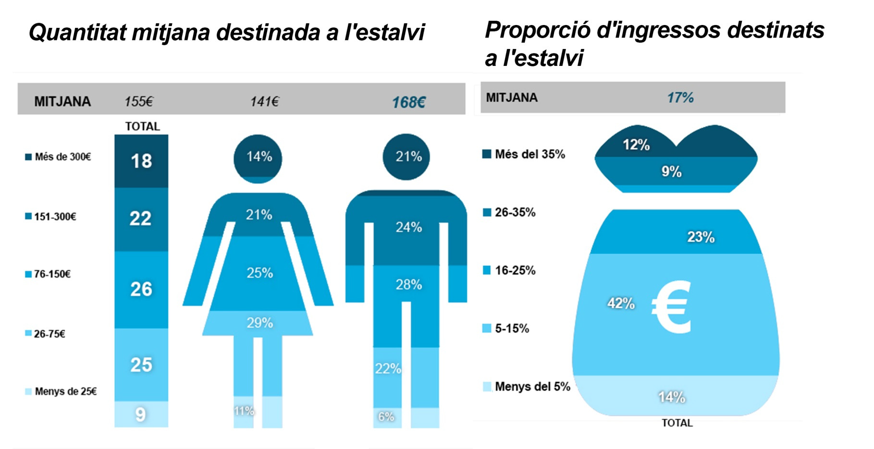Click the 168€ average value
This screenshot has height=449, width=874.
point(408,102)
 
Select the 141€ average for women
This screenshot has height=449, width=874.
point(264,101)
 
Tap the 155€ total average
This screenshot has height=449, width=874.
point(138,101)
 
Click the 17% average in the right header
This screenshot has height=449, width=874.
point(680,98)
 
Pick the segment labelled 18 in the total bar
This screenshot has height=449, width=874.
point(141,161)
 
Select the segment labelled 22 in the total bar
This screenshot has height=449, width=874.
point(140,219)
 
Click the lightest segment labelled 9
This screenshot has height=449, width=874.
point(140,414)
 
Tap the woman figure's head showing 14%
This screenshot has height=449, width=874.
point(259,157)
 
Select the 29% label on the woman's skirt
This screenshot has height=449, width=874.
point(259,323)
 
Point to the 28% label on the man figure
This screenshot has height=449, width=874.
point(408,285)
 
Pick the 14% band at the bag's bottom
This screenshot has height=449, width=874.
point(672,397)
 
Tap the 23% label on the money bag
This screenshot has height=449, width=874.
point(701,237)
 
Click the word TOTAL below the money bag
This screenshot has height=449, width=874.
point(677,423)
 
